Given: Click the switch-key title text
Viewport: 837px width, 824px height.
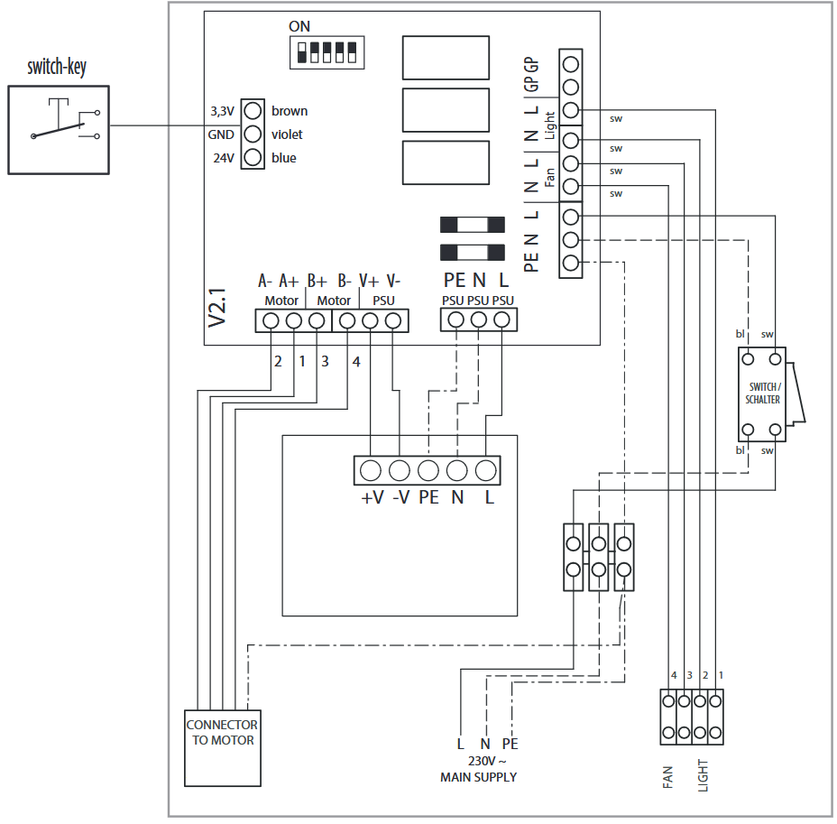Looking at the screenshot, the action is point(57,68).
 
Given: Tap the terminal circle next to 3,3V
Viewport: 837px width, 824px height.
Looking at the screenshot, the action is point(253,111).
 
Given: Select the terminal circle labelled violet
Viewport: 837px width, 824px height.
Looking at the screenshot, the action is point(253,134).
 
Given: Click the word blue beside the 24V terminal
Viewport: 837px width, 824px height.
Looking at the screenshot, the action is point(283,158).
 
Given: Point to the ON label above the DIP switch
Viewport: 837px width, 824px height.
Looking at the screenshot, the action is point(299,26).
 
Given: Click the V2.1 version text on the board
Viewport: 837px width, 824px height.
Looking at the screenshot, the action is point(217,308).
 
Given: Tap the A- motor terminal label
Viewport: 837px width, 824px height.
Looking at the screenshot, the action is point(265,281).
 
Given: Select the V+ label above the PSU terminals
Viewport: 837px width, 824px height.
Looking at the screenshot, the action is point(369,281).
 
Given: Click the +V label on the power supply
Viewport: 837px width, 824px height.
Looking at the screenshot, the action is point(373,497).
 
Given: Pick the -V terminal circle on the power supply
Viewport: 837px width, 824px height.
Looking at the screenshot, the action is point(400,470).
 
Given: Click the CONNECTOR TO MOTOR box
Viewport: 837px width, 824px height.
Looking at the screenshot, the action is point(223,747).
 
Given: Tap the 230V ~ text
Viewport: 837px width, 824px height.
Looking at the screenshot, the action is point(487,761).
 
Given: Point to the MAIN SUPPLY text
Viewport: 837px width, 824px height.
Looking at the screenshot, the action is point(478,777).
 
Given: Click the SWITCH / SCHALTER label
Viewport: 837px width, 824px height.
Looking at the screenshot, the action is point(763,393).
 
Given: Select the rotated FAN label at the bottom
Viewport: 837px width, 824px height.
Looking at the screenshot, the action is point(667,778).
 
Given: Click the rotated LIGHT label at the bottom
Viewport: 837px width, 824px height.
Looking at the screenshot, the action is point(703,775).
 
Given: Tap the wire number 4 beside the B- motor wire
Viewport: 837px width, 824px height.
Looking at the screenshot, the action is point(356,362).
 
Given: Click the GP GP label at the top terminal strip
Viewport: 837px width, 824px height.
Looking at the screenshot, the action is point(531,74).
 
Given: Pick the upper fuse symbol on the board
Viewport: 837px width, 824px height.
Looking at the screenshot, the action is point(473,225).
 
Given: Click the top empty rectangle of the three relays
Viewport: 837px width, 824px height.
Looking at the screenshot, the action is point(446,58).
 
